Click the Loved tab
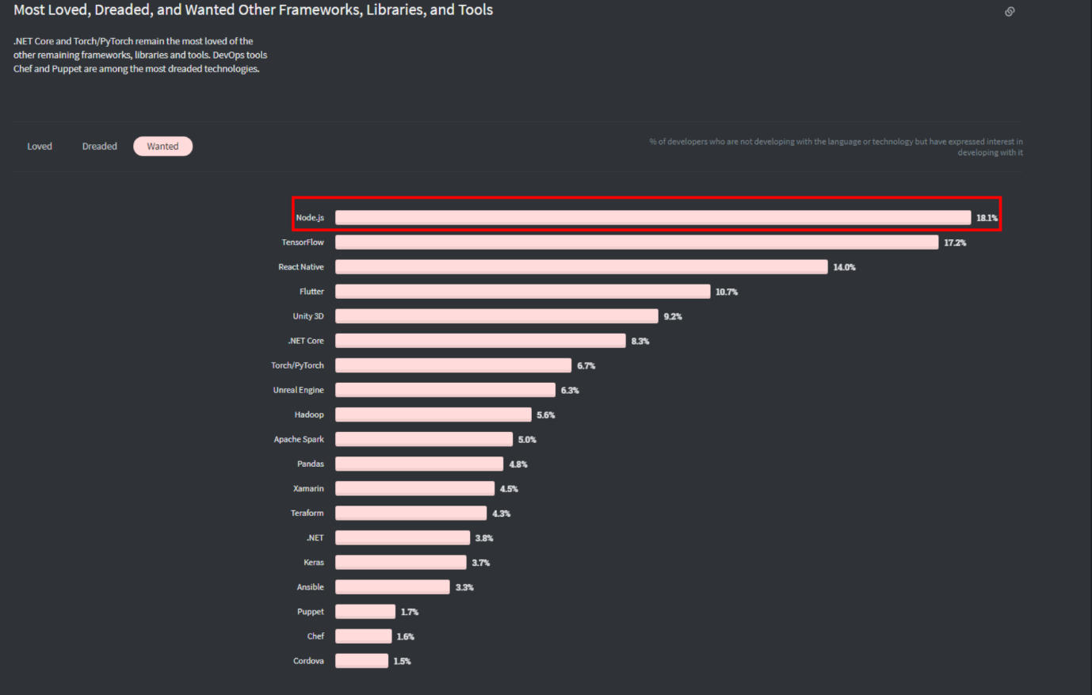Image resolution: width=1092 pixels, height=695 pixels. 40,147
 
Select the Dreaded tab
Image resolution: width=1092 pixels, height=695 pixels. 100,147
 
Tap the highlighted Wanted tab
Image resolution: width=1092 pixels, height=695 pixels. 162,147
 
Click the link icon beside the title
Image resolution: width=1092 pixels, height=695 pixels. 1010,12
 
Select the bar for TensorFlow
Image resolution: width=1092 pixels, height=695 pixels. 636,242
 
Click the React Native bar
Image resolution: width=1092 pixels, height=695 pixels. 581,267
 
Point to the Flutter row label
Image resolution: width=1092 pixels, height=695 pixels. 311,292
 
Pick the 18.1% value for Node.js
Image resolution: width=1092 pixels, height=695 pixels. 987,218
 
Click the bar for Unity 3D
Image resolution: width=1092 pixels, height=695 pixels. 496,316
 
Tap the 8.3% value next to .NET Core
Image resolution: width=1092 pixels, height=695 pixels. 640,342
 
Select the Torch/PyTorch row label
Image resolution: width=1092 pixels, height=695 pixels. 297,365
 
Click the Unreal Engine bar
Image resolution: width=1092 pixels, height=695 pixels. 445,390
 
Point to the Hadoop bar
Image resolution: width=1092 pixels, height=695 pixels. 433,414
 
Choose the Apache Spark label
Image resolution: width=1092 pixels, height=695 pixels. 299,439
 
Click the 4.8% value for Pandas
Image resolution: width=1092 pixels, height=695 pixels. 518,464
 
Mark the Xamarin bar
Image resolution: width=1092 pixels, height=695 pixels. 414,489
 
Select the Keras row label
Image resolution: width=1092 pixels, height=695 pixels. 314,563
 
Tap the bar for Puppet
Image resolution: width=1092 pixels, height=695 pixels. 365,612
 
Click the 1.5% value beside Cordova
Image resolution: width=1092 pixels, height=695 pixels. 403,662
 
